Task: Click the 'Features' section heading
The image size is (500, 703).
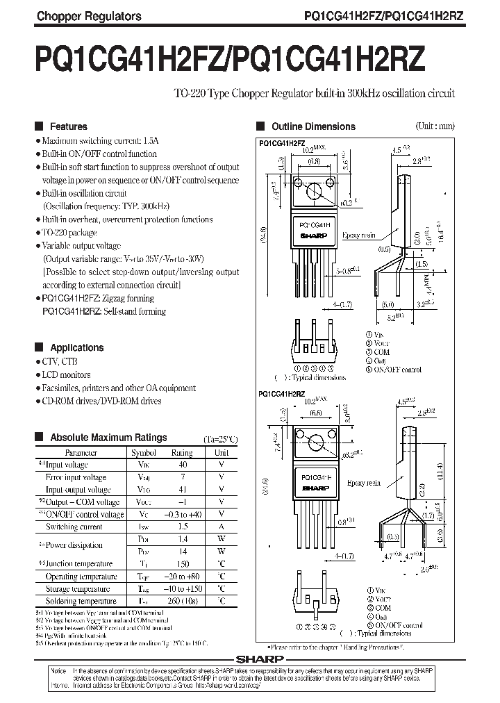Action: click(x=68, y=126)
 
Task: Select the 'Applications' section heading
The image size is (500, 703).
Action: click(x=76, y=347)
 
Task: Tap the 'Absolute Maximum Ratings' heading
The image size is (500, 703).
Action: click(x=108, y=438)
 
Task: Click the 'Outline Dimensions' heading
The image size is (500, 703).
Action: click(x=313, y=126)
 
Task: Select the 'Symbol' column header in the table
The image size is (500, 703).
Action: click(x=143, y=452)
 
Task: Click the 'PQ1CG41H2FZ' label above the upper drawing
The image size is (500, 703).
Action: click(x=282, y=142)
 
